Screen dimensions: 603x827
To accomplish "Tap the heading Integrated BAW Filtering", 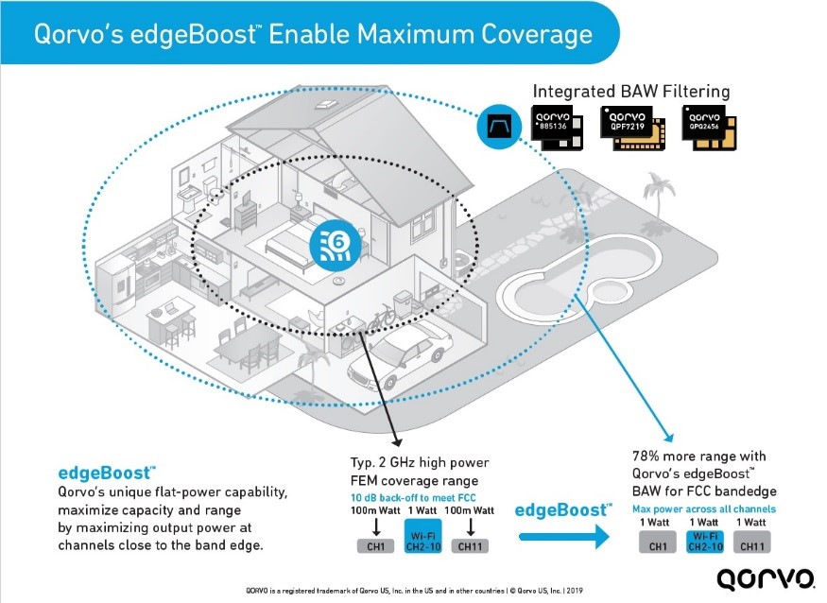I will click(x=631, y=92).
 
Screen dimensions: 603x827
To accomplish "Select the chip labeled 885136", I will click(x=564, y=128).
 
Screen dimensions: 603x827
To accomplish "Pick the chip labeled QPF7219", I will click(x=635, y=129).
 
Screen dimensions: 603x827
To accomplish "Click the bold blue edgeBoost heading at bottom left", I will click(x=100, y=471).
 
